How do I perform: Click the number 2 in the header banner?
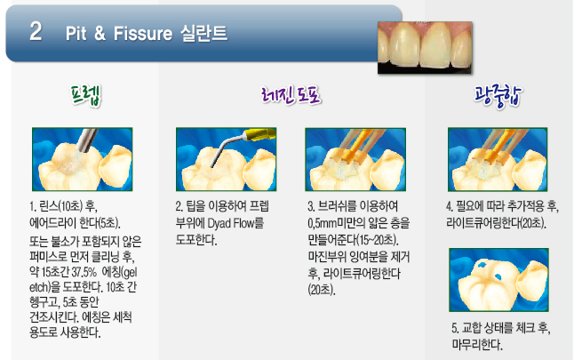pyautogui.click(x=36, y=31)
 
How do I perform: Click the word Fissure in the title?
pyautogui.click(x=143, y=34)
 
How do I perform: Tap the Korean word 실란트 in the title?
pyautogui.click(x=203, y=33)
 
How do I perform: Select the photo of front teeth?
pyautogui.click(x=425, y=47)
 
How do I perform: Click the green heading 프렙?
pyautogui.click(x=85, y=96)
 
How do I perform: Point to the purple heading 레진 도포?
pyautogui.click(x=291, y=96)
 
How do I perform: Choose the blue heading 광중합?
pyautogui.click(x=498, y=96)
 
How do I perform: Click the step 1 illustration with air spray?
pyautogui.click(x=83, y=159)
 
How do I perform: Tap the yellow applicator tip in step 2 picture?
pyautogui.click(x=259, y=134)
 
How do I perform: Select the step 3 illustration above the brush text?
pyautogui.click(x=355, y=159)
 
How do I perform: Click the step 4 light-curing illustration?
pyautogui.click(x=498, y=159)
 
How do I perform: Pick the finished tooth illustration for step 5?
pyautogui.click(x=498, y=280)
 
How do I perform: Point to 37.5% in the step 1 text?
pyautogui.click(x=84, y=272)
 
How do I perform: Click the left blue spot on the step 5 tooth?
pyautogui.click(x=482, y=265)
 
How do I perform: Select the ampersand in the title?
pyautogui.click(x=100, y=34)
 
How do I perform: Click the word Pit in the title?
pyautogui.click(x=76, y=34)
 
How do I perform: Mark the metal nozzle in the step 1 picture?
pyautogui.click(x=87, y=140)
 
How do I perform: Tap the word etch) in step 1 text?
pyautogui.click(x=40, y=287)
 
